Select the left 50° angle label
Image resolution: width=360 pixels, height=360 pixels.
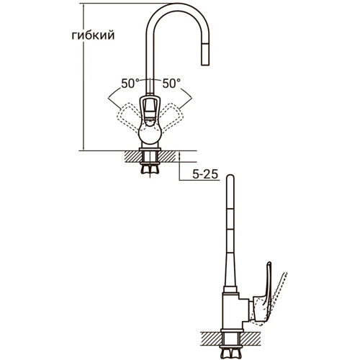(x=130, y=83)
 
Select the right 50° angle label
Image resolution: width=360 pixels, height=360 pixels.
(x=171, y=83)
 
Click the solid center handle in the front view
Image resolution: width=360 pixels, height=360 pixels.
(x=150, y=112)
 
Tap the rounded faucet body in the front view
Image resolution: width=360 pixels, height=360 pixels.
(x=150, y=134)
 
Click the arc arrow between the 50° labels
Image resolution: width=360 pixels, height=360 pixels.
(x=150, y=78)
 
